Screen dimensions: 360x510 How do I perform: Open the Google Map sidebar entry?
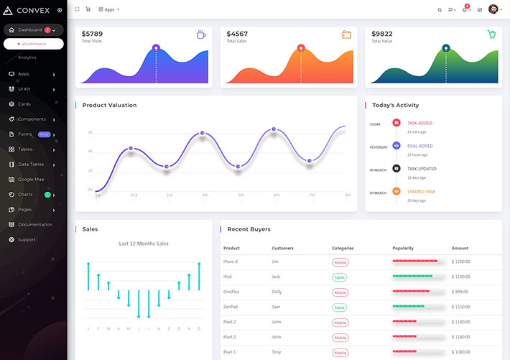point(31,179)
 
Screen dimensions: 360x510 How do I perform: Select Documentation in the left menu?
point(35,224)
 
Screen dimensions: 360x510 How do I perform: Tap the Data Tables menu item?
point(31,164)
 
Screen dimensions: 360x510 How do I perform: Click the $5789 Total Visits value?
point(92,34)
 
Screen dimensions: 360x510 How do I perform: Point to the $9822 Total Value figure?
point(382,34)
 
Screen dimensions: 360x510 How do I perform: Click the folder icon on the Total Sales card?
point(346,34)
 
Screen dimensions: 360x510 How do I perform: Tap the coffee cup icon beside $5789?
point(201,34)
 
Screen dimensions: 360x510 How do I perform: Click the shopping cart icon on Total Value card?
point(491,34)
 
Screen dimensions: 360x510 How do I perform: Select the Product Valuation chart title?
point(109,106)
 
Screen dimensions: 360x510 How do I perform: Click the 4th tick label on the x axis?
point(205,195)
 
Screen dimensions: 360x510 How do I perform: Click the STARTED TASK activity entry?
point(421,192)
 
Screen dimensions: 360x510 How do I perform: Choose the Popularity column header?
point(403,248)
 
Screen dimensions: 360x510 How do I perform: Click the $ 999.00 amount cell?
point(460,292)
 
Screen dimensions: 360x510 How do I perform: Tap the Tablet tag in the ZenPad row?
point(340,307)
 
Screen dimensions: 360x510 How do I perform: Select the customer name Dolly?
point(277,292)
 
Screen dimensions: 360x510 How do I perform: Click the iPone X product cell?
point(231,262)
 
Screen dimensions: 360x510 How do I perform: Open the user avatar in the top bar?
point(493,9)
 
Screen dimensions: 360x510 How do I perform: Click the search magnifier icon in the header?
point(440,10)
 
